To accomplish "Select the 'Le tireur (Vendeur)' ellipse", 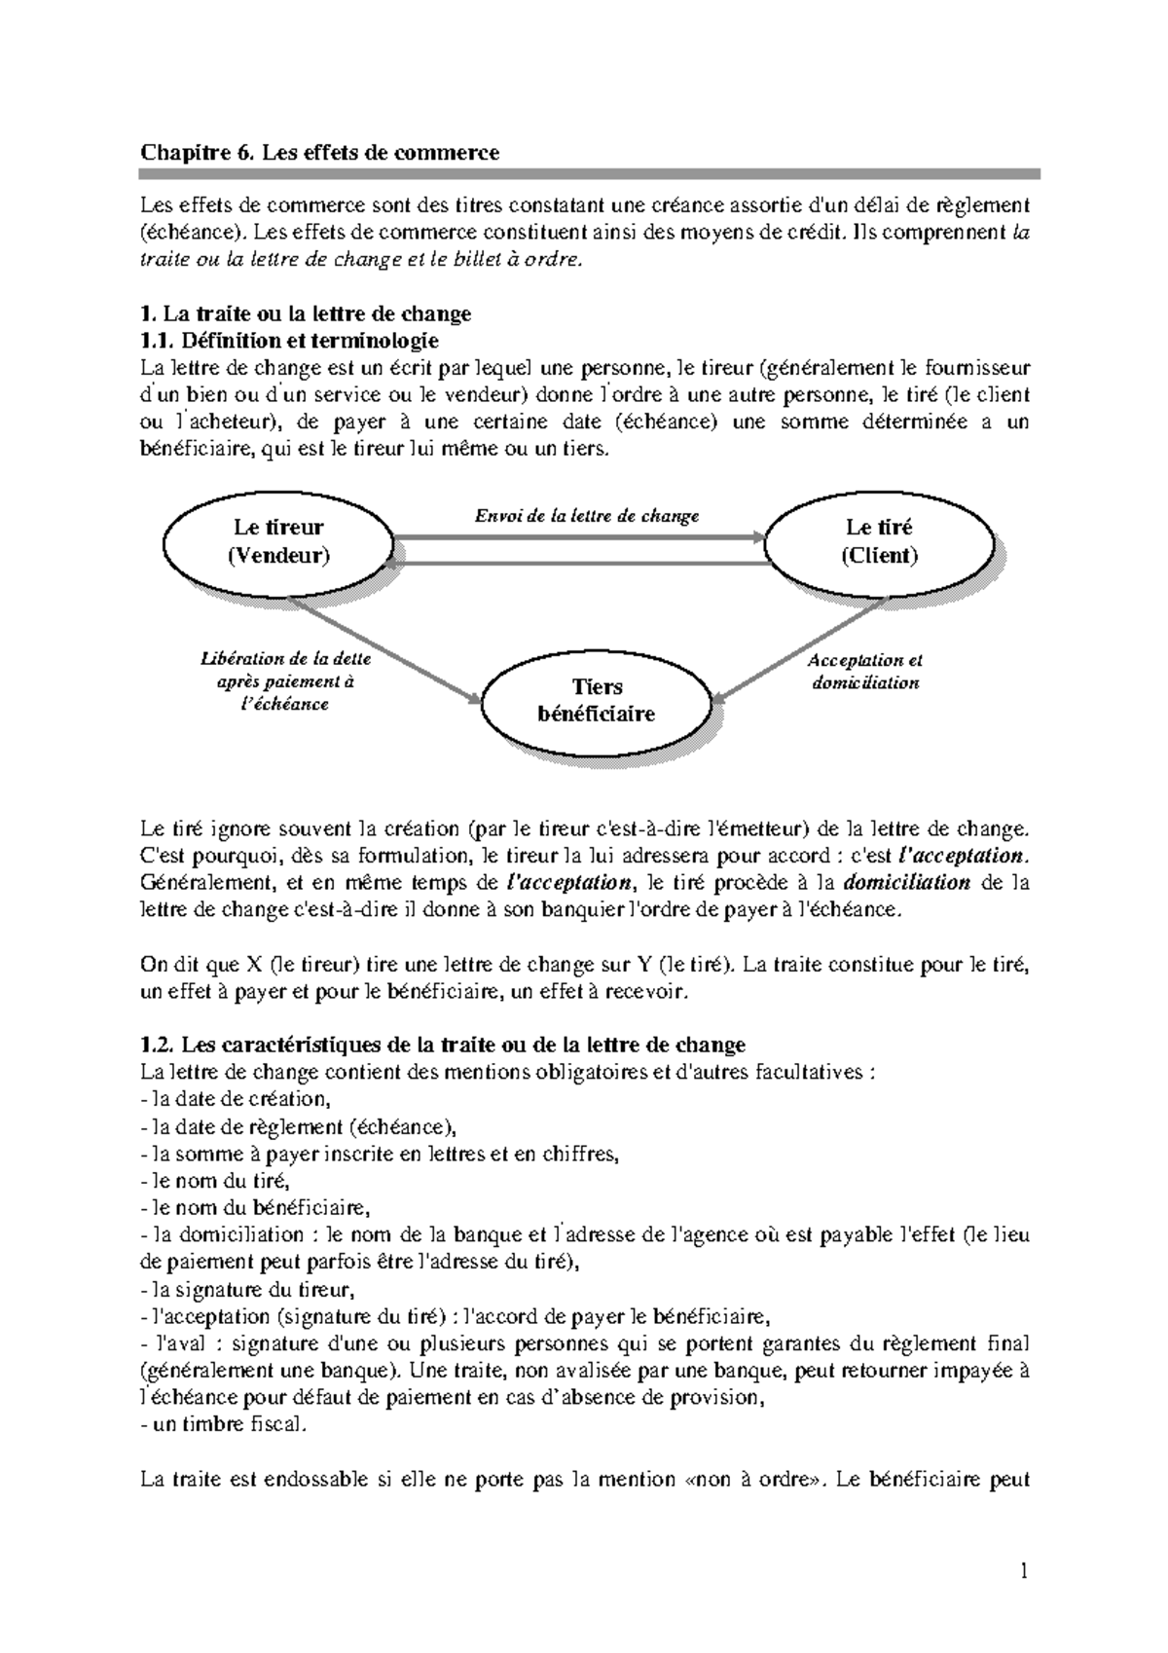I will [278, 542].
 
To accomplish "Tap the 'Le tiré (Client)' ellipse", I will [879, 542].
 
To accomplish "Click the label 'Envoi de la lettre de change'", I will [586, 516].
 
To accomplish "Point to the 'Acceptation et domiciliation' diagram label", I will [865, 672].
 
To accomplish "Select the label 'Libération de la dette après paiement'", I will [285, 680].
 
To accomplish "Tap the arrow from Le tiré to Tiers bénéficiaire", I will [803, 649].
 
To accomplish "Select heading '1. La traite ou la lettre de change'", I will [306, 313].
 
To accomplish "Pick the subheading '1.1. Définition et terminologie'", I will [289, 341].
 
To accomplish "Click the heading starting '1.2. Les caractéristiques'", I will [443, 1045].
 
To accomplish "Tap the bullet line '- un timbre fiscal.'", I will [223, 1424].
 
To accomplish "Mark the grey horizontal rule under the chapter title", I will [590, 174].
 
